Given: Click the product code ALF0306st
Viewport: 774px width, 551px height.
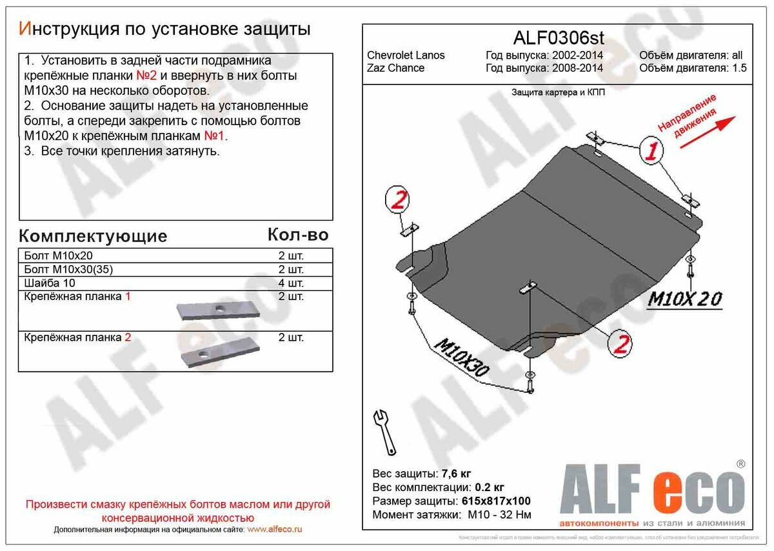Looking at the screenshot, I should tap(558, 37).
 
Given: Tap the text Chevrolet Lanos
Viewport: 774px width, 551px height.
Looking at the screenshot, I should tap(406, 55).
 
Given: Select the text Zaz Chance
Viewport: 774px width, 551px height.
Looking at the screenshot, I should tap(396, 68).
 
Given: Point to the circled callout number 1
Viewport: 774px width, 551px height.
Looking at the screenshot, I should tap(652, 152).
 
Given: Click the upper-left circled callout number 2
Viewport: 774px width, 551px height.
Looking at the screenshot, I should tap(399, 200).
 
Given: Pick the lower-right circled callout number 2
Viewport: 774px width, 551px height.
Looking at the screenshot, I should tap(620, 345).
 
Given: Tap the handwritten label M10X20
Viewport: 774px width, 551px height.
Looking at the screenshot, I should tap(684, 299).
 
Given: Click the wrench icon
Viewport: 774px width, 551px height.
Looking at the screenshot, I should tap(385, 432).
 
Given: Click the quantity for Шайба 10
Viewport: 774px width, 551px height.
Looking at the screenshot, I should tap(290, 283).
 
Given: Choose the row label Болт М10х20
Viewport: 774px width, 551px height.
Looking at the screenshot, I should tap(59, 255).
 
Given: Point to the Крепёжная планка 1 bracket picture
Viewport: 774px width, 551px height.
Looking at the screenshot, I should tap(218, 312).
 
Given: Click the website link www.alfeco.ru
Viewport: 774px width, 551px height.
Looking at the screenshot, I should tap(274, 529).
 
